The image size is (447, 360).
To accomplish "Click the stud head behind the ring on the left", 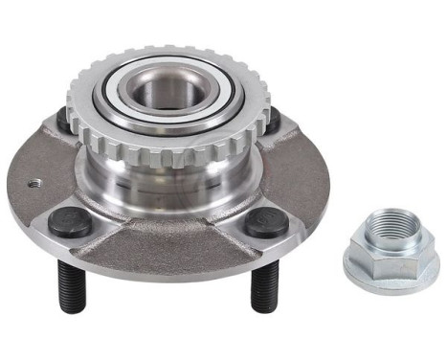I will point(63,119).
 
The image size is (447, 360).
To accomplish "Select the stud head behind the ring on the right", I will point(273,121).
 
